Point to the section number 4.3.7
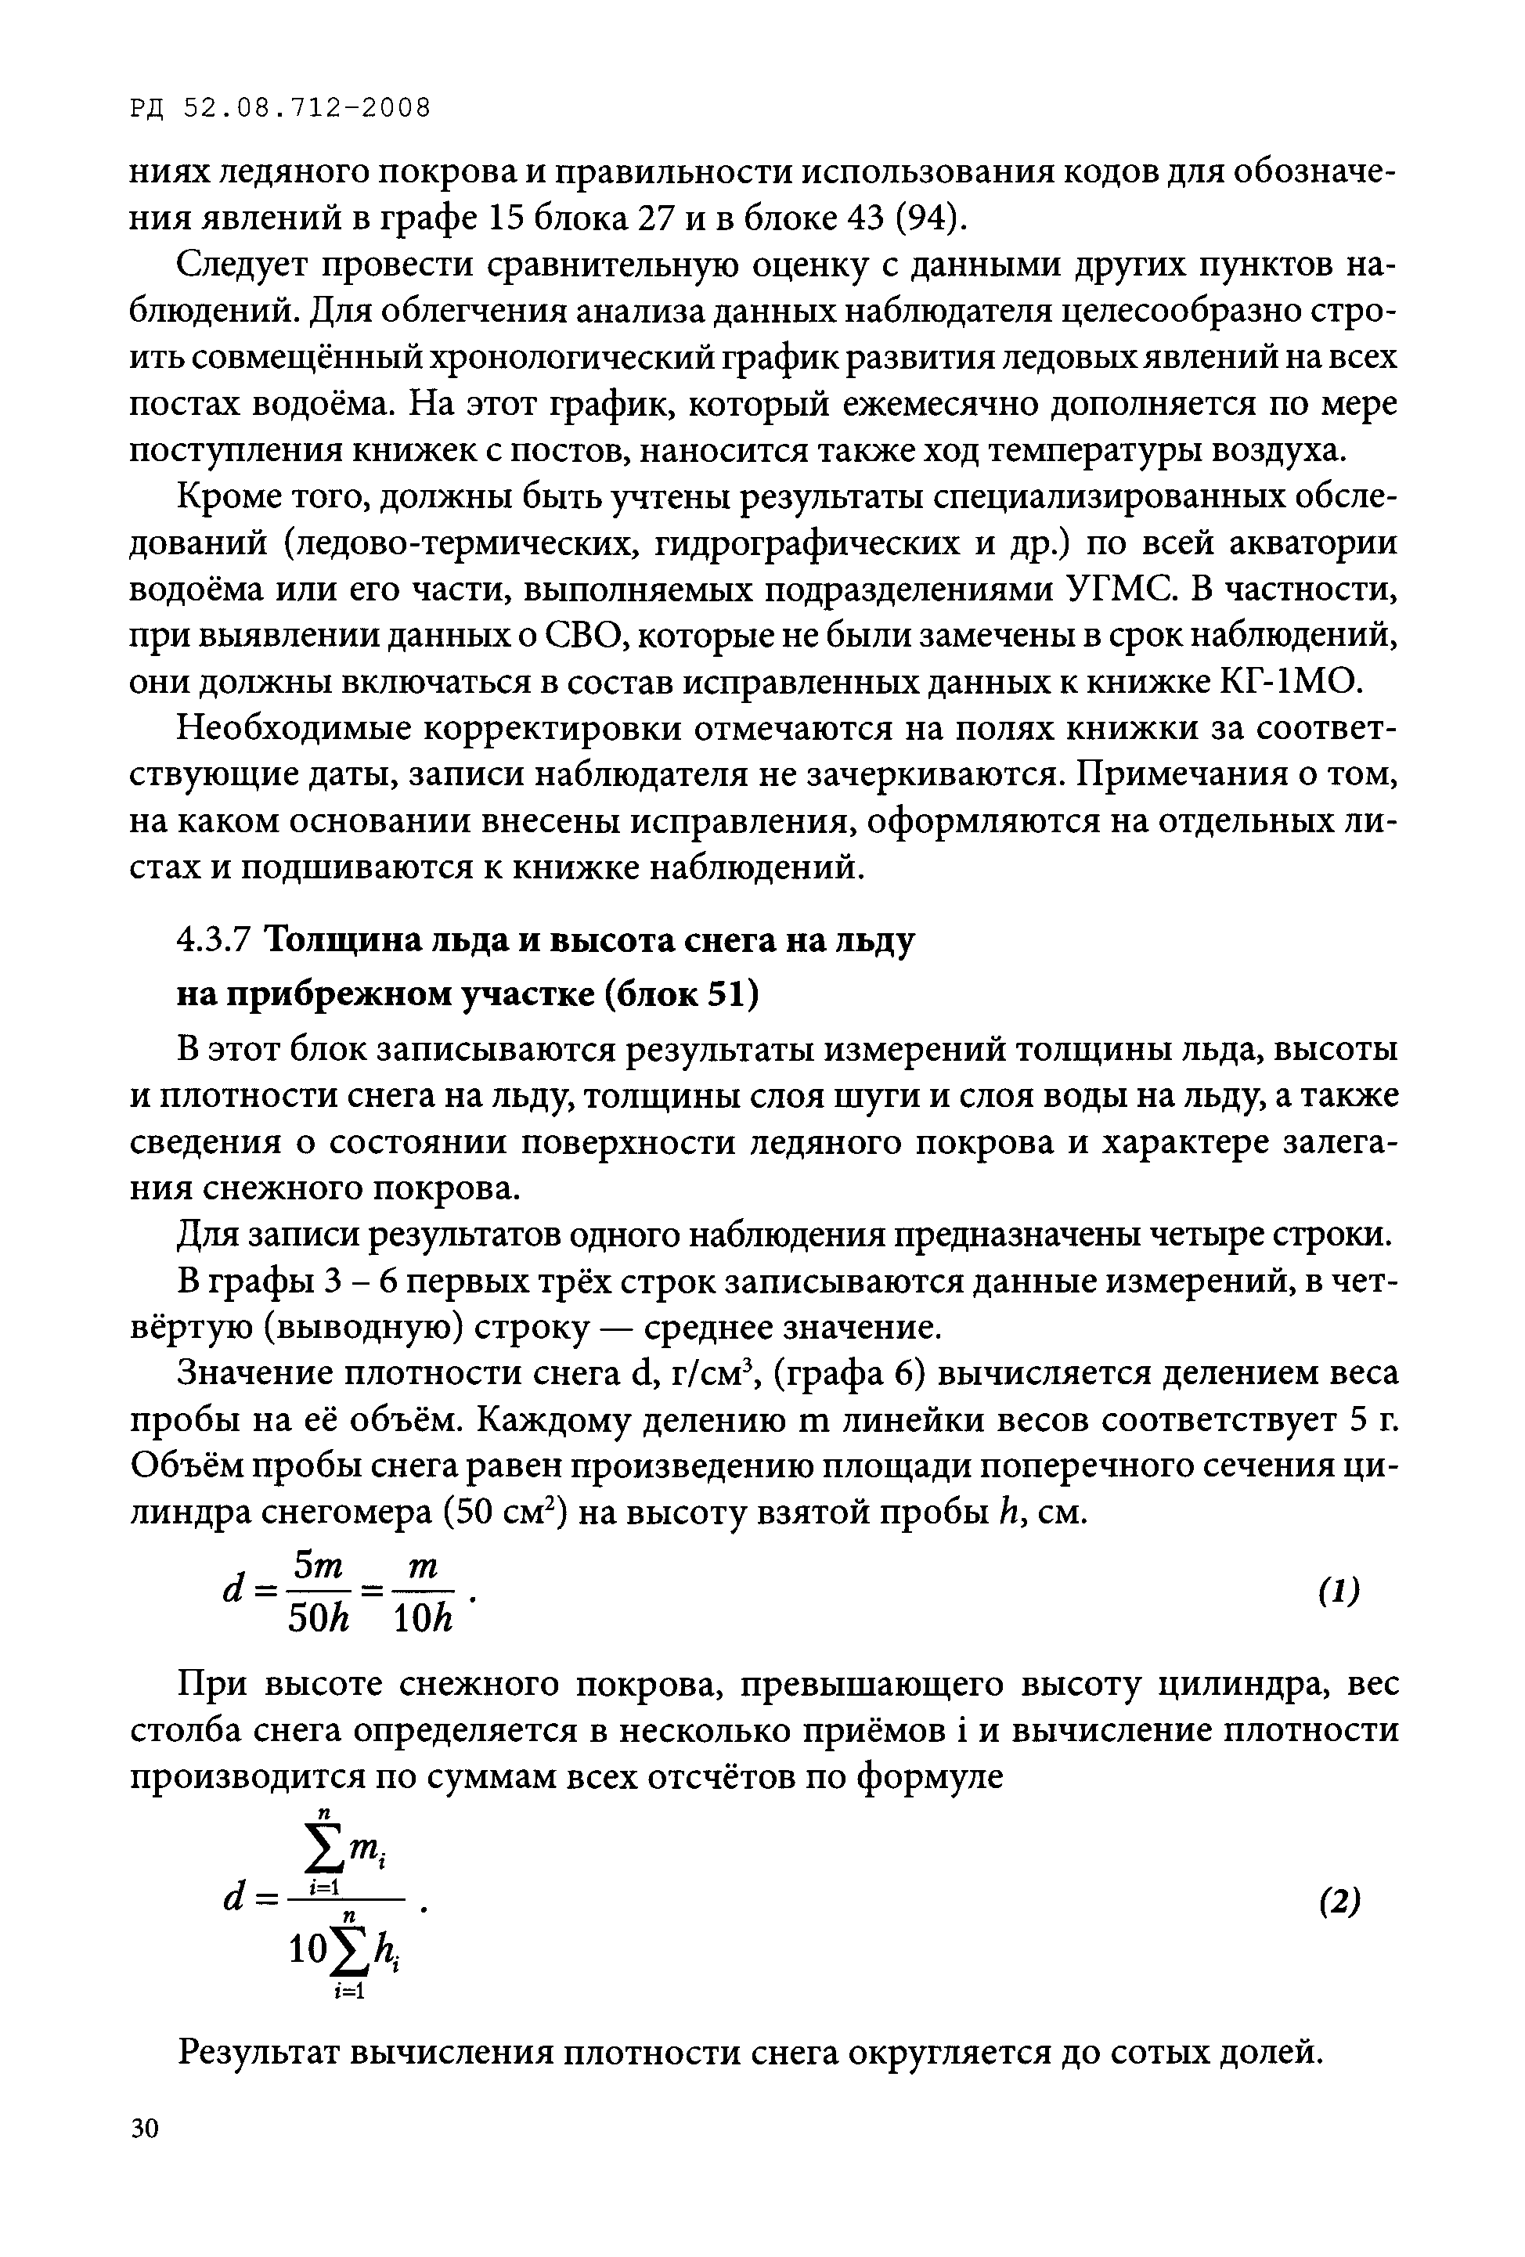click(x=215, y=941)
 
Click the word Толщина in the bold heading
click(x=334, y=941)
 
